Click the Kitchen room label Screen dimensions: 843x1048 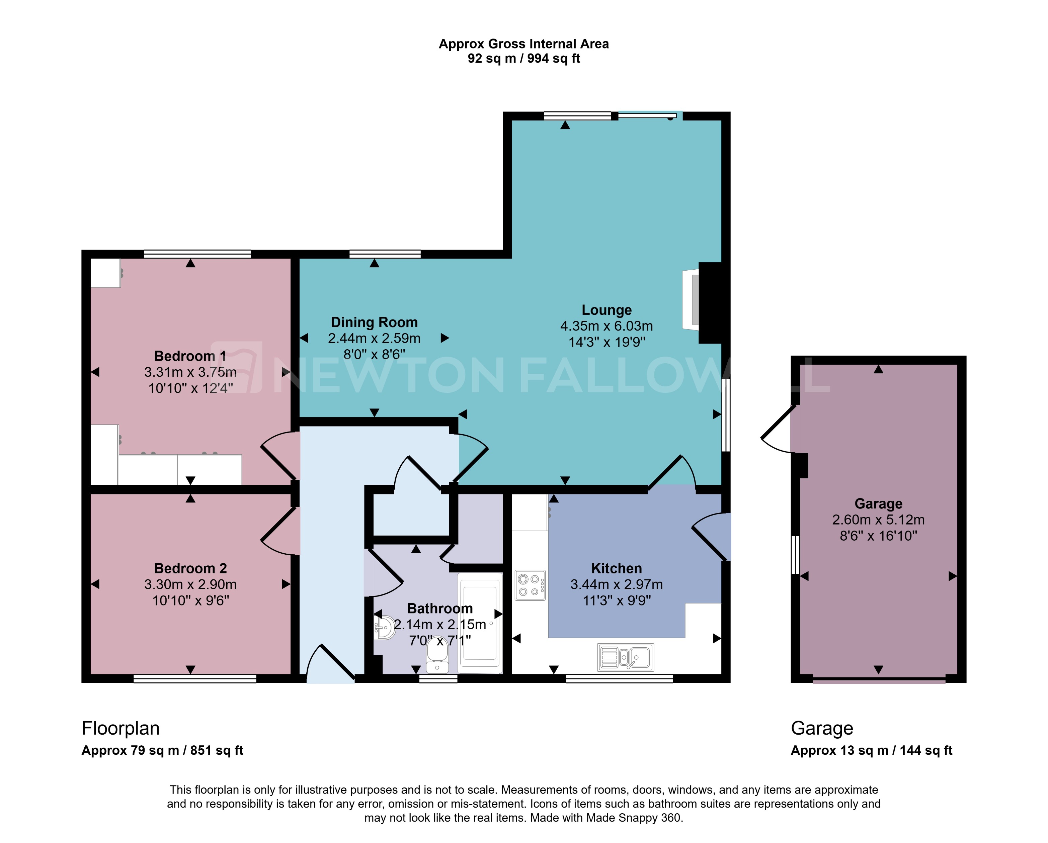616,568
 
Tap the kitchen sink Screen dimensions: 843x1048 625,657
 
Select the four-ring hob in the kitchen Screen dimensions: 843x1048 530,585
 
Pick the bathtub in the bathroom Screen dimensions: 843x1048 480,623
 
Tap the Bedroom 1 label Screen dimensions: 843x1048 190,356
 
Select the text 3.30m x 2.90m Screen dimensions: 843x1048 190,584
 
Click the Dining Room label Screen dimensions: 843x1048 374,322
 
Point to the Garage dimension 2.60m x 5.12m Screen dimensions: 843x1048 878,520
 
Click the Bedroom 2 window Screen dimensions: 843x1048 194,679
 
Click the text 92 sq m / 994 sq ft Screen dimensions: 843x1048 523,59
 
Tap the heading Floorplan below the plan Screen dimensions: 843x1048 120,728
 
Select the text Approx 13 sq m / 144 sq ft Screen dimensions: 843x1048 871,750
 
